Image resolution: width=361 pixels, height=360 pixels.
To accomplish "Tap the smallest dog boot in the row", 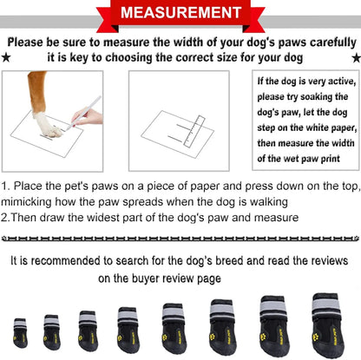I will click(x=20, y=332).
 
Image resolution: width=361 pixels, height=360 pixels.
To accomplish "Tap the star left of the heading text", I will click(x=6, y=57).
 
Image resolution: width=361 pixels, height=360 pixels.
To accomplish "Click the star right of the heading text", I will click(x=354, y=57).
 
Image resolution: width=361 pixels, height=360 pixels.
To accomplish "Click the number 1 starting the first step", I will click(x=5, y=186).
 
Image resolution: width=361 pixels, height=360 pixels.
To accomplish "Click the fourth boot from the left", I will click(x=128, y=327).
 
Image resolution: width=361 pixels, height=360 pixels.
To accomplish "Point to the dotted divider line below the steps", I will click(x=180, y=236).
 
